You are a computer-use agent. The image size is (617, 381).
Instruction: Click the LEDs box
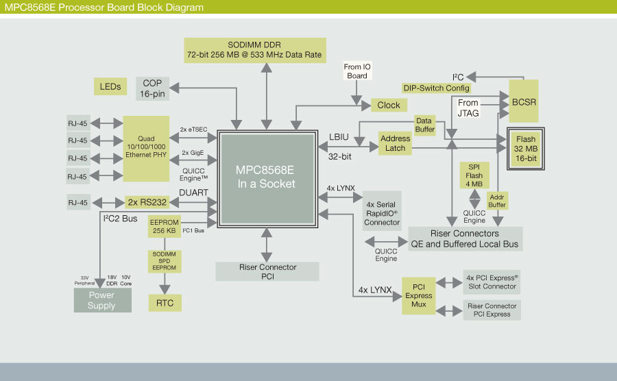(x=110, y=86)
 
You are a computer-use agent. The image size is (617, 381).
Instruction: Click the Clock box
(x=389, y=105)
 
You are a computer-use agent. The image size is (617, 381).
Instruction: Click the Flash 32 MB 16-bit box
(x=525, y=149)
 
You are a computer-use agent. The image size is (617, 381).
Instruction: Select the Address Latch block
(x=395, y=143)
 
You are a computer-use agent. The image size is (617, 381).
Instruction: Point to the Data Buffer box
(x=426, y=125)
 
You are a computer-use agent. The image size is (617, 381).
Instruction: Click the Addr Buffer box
(x=497, y=200)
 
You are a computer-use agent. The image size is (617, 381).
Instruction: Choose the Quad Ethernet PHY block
(x=146, y=149)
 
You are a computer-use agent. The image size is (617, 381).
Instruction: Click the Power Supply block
(x=102, y=301)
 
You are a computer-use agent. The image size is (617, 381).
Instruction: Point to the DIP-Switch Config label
(x=436, y=88)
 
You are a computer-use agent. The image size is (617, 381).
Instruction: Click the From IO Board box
(x=357, y=71)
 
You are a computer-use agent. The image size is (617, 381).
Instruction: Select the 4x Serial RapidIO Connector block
(x=382, y=212)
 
